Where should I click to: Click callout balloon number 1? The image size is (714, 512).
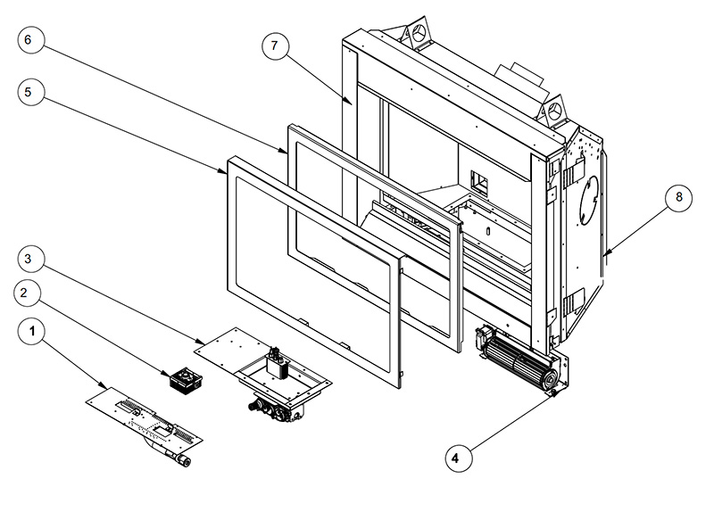coord(34,334)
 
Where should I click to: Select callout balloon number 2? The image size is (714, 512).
coord(28,293)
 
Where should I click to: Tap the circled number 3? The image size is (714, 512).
coord(30,258)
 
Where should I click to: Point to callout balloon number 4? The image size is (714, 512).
coord(456,458)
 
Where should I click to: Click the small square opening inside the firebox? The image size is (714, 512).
coord(477,183)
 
